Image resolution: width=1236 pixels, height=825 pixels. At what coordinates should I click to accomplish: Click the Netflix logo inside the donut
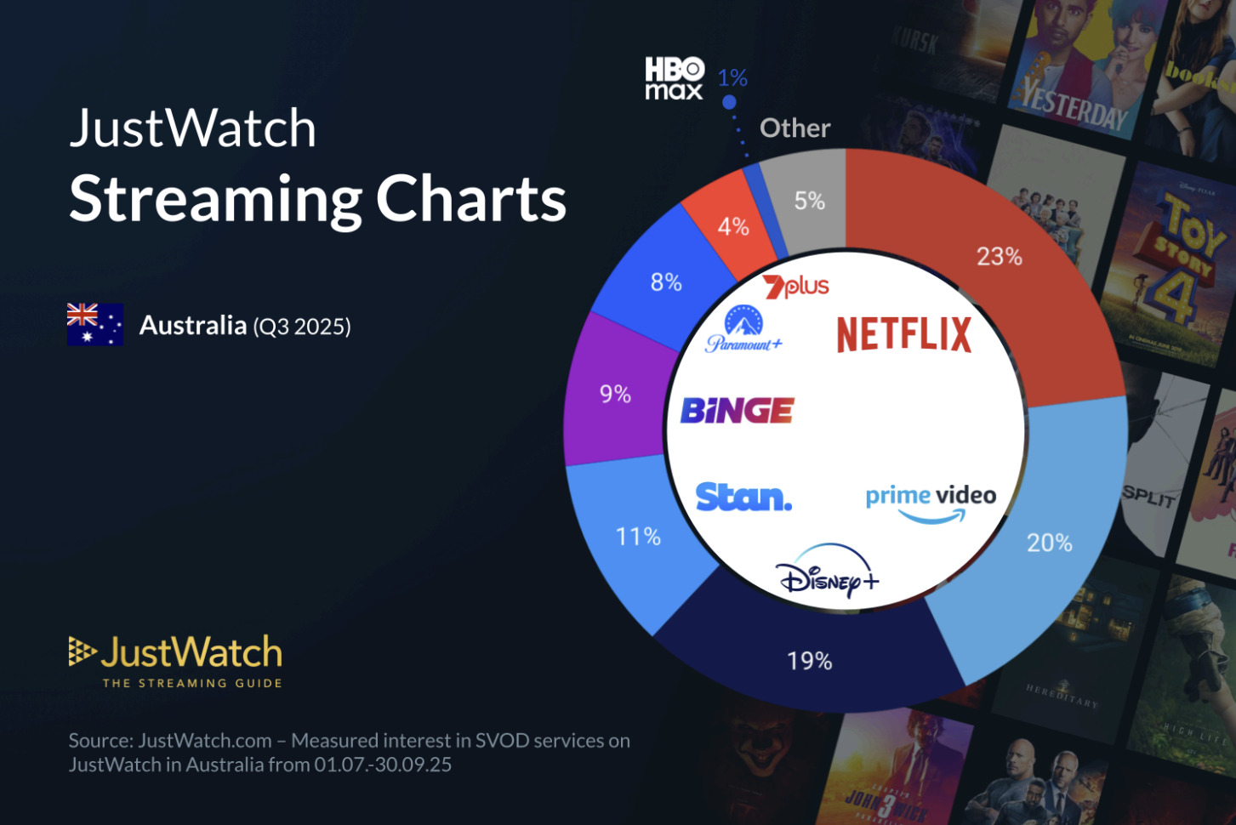pos(903,334)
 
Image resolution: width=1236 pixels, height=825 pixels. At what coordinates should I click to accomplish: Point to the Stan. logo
pos(743,497)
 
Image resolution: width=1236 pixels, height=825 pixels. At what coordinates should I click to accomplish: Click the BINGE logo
pos(737,411)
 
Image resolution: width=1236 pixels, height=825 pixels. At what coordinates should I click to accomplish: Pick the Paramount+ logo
pos(743,330)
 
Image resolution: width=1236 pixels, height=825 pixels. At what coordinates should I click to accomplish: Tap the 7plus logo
pos(795,287)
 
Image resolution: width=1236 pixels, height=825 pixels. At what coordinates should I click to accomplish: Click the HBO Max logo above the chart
pos(674,78)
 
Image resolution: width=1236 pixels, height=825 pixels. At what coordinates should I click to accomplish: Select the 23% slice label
pos(999,256)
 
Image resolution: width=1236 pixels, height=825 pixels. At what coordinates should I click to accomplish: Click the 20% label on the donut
pos(1049,543)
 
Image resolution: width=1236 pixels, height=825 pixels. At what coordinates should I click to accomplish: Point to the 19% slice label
pos(809,661)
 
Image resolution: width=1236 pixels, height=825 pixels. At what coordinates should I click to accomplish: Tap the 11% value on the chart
pos(638,537)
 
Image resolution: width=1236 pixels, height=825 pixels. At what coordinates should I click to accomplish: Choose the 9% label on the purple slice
pos(615,394)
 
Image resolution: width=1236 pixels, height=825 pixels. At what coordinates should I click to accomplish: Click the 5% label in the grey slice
pos(809,201)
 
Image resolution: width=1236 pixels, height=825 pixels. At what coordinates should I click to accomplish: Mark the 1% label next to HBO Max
pos(732,78)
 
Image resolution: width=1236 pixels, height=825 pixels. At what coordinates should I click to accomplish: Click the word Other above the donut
pos(795,128)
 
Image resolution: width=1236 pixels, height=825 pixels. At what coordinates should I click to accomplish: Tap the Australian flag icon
pos(95,325)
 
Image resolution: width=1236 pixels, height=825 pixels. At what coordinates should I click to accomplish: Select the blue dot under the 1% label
pos(729,102)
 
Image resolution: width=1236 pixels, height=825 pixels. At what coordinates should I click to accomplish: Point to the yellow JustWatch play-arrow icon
pos(82,651)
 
